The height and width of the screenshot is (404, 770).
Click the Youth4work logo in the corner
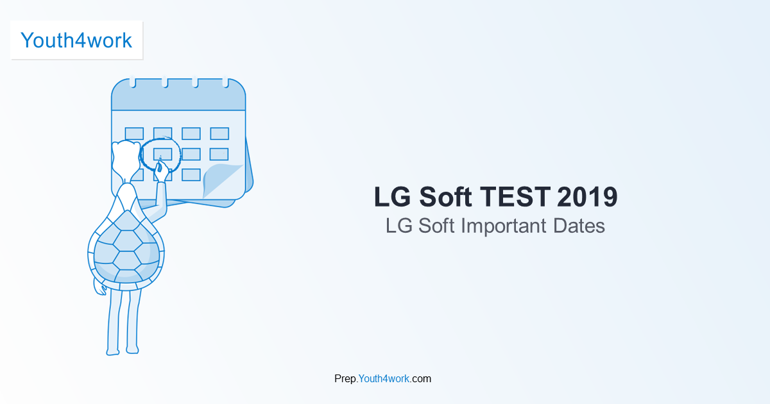[76, 40]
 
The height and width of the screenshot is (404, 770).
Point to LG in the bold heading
[392, 197]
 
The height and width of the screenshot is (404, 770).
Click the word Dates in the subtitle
[580, 226]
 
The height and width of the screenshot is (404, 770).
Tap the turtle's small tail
[100, 287]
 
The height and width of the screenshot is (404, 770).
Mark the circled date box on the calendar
[162, 154]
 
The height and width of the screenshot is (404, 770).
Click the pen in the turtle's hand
[158, 164]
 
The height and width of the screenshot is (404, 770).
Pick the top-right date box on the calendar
[219, 133]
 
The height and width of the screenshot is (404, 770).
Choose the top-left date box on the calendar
[134, 133]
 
